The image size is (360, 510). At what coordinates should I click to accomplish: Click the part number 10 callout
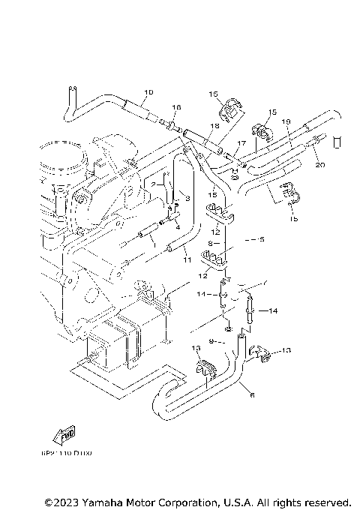148,92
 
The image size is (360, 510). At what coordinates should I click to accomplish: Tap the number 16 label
177,108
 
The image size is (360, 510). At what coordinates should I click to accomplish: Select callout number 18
214,126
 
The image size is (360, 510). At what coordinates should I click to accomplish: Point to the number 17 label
241,142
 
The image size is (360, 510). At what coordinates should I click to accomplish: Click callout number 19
286,121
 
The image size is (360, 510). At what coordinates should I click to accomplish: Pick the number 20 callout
320,165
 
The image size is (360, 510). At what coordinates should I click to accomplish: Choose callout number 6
251,394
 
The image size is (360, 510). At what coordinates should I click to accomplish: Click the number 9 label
212,341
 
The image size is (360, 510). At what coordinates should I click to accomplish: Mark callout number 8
211,244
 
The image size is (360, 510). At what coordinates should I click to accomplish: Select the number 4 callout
178,226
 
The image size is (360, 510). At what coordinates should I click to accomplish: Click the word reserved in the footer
324,502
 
